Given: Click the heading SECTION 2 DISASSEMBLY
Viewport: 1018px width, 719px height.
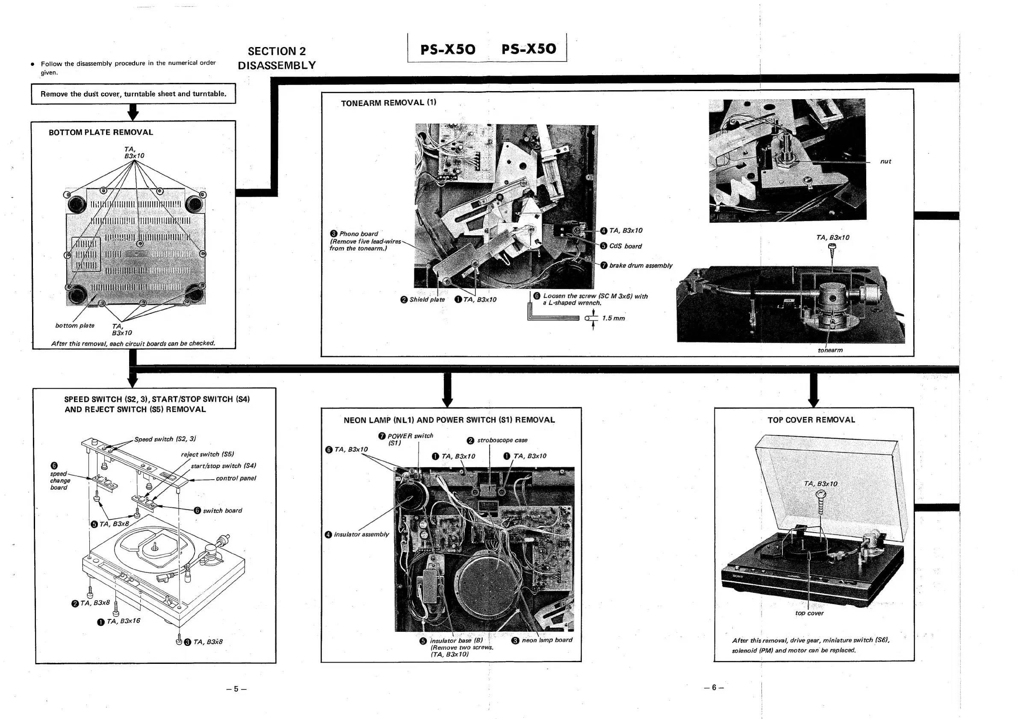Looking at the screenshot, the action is point(277,58).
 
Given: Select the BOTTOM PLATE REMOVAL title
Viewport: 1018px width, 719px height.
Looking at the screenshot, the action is point(100,132).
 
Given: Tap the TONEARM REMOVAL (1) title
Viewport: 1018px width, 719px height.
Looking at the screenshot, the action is point(388,103).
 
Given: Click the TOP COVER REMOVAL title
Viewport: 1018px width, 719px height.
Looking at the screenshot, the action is point(811,420).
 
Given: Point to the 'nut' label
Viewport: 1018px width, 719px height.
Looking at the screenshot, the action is point(885,161).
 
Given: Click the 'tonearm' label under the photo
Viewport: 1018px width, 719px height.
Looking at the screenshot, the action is point(830,350).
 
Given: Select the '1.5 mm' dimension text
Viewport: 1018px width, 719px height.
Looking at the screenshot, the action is point(613,318).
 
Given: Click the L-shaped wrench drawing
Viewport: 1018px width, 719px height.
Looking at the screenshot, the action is point(552,315).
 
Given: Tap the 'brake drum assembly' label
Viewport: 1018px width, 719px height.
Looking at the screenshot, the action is point(640,265).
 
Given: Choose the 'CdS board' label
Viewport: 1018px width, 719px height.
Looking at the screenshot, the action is point(625,246).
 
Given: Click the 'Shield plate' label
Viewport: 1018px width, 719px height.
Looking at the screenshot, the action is point(427,300).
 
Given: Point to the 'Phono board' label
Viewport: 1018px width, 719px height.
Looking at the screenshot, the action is point(358,233).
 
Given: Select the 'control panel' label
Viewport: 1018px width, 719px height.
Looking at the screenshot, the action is point(236,478).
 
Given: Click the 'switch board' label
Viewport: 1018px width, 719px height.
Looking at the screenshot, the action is point(222,511).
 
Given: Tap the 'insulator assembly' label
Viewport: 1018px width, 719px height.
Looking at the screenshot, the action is point(361,535).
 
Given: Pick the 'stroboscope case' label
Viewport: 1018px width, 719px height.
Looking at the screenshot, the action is point(502,440).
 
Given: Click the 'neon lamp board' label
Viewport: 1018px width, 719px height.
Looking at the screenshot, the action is point(547,640).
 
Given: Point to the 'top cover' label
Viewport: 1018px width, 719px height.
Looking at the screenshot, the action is point(809,613).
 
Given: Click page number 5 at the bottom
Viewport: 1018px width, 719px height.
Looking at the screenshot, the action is point(236,689).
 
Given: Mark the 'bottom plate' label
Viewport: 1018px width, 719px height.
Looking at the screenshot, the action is point(74,325).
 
